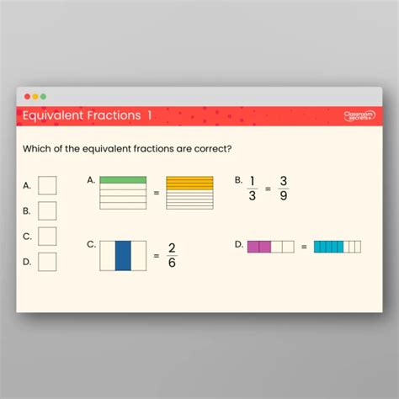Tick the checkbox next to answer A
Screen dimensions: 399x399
pos(47,184)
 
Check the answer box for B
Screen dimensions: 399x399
pos(47,210)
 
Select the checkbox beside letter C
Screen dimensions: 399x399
pos(47,237)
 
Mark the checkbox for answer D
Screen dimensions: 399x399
pos(47,262)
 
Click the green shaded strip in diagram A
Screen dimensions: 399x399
pos(123,180)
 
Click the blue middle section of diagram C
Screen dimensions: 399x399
pos(123,256)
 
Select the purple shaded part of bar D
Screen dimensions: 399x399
pos(258,247)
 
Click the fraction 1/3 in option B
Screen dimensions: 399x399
pos(252,189)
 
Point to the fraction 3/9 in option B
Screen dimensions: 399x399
pos(284,189)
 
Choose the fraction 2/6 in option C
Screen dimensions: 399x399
pos(172,255)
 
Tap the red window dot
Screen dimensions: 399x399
pos(27,97)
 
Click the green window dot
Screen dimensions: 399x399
pos(44,97)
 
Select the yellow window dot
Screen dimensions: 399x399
pos(35,97)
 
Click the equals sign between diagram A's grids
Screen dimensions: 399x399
pos(156,193)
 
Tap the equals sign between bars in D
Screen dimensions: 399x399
pos(304,247)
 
